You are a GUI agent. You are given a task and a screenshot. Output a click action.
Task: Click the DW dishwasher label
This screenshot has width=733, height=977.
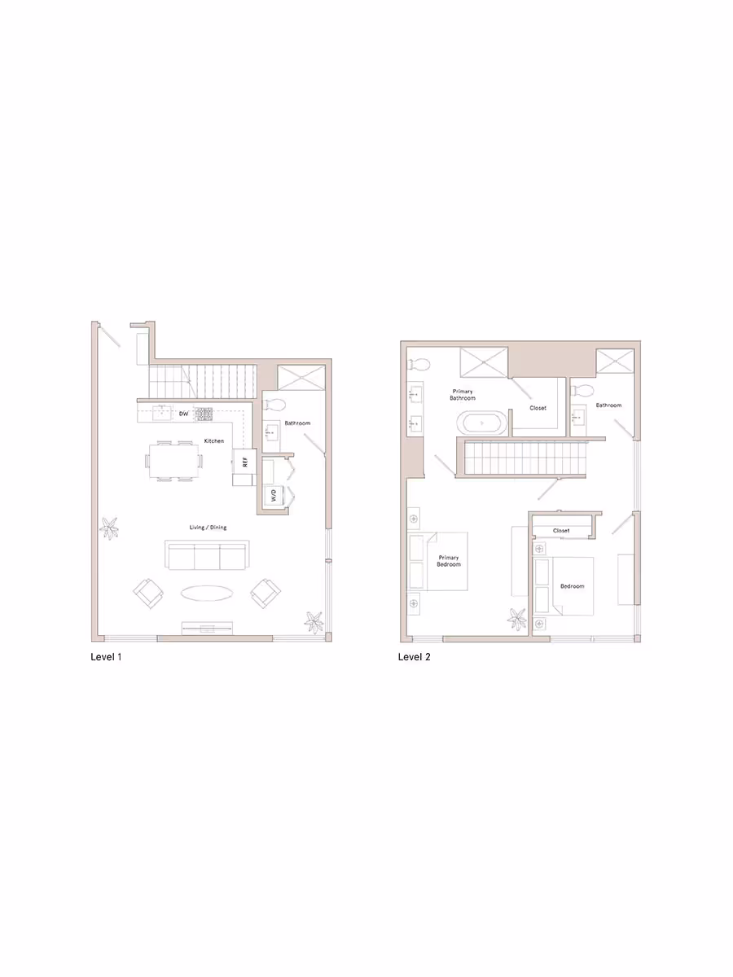[183, 414]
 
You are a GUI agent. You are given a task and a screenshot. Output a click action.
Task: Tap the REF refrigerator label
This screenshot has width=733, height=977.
[244, 461]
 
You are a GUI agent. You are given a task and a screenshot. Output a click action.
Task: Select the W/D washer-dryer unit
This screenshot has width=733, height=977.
[274, 494]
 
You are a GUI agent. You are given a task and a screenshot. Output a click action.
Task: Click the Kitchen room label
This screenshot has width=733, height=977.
[214, 441]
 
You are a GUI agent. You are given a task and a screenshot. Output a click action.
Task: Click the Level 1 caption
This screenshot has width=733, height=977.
[106, 656]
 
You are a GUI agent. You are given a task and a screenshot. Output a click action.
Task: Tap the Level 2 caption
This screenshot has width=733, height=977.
[414, 656]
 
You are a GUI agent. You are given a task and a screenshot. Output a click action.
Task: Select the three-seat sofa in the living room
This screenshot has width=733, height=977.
[207, 556]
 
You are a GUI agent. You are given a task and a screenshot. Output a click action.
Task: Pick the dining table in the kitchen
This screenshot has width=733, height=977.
[174, 461]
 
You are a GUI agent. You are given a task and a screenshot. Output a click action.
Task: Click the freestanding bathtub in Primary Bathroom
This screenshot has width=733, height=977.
[481, 423]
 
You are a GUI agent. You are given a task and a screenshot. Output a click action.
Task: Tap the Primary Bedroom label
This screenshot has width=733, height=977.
[449, 560]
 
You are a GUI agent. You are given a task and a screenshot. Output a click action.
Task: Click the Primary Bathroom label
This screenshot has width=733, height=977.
[463, 395]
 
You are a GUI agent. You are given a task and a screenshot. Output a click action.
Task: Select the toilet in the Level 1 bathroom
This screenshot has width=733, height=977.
[274, 405]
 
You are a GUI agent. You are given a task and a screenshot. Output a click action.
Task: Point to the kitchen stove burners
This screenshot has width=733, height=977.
[203, 414]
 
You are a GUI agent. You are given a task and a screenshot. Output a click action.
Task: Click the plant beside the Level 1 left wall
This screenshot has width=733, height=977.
[108, 528]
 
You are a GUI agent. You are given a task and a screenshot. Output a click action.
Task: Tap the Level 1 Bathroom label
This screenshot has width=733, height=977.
[296, 423]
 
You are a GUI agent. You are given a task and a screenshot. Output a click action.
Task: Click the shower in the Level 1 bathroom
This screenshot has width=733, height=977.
[302, 377]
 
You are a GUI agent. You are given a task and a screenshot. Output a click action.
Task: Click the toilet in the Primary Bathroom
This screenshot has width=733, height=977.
[419, 363]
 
